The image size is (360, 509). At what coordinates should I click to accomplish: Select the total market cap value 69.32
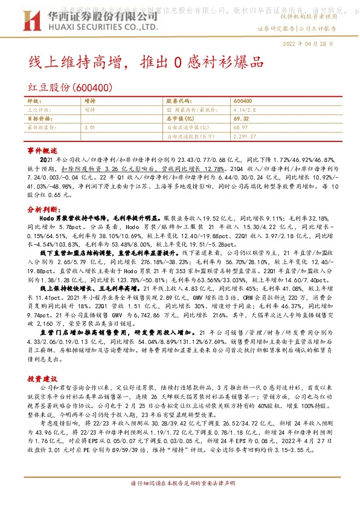pos(242,118)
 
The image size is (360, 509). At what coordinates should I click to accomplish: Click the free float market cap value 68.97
pos(241,128)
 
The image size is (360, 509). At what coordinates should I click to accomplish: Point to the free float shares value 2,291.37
pos(245,137)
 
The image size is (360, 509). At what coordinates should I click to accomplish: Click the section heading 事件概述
pos(42,150)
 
